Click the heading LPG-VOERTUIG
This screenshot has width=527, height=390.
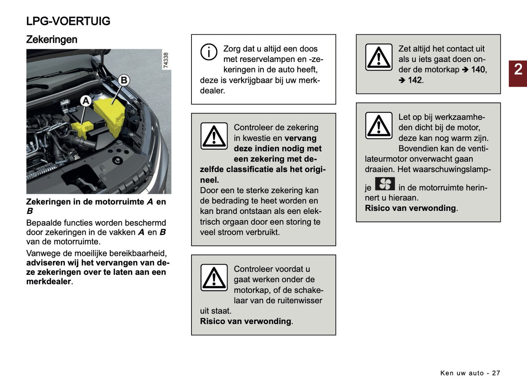[68, 21]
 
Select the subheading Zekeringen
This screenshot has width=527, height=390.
[51, 39]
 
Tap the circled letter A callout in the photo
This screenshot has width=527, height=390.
[86, 101]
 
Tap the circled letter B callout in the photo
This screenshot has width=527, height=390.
[124, 80]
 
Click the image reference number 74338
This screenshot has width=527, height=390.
[166, 60]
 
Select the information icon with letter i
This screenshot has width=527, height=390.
[209, 52]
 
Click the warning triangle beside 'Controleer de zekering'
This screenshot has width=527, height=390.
[214, 136]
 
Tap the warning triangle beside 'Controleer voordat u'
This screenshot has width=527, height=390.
[214, 277]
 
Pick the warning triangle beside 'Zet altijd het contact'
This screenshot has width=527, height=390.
[379, 57]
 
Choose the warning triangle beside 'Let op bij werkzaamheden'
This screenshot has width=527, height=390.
[379, 125]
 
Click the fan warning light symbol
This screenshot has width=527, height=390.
[385, 184]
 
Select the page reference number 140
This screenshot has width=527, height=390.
[478, 70]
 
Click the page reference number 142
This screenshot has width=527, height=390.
[415, 80]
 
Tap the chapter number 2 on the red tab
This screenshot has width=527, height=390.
[518, 70]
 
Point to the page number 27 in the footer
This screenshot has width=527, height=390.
[496, 373]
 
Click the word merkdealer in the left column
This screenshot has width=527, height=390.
[49, 281]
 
